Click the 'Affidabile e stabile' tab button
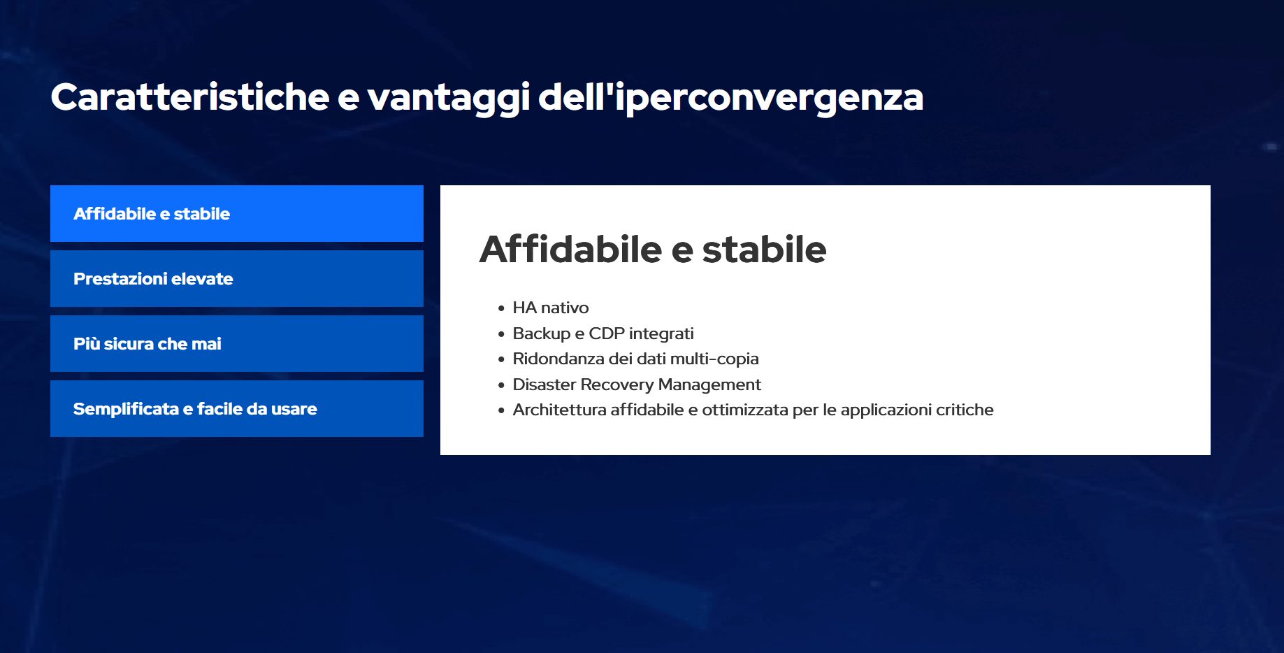click(237, 213)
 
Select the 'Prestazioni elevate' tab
click(237, 278)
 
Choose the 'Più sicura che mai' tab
click(237, 343)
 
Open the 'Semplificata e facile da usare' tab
click(237, 408)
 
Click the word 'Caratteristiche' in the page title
click(190, 96)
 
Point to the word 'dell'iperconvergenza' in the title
click(731, 98)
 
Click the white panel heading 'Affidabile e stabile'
click(653, 249)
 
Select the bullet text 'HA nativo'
click(551, 308)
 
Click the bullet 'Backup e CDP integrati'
click(603, 333)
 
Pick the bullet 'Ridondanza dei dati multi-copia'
click(635, 359)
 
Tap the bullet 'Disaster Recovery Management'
click(637, 385)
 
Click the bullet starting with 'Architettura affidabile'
click(753, 410)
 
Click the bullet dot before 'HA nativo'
click(501, 308)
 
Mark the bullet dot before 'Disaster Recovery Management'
click(501, 385)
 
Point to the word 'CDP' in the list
click(607, 333)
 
